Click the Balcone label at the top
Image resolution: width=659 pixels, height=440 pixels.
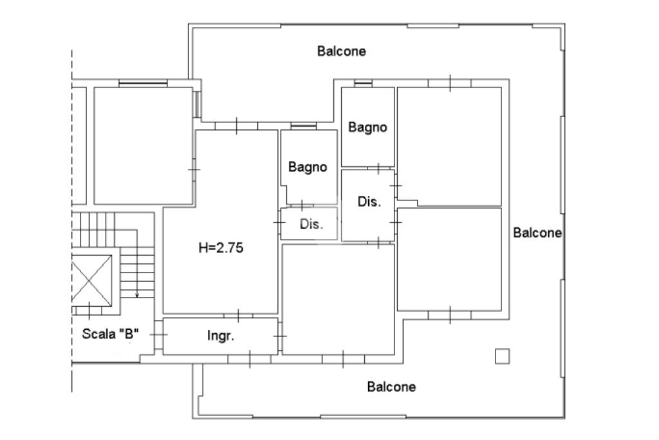[x=341, y=52]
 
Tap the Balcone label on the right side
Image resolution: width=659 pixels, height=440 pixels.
[x=537, y=233]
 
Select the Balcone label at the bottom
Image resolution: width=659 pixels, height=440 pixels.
[x=391, y=387]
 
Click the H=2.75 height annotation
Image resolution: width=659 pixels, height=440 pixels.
[x=221, y=248]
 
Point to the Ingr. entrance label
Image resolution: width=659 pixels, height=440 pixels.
[x=221, y=336]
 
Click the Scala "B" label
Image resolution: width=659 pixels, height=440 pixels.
[x=110, y=334]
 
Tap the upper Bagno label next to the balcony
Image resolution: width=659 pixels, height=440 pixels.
[x=367, y=128]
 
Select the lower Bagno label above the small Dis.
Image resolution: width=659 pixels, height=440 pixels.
[x=308, y=167]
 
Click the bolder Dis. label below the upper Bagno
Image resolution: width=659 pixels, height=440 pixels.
[x=369, y=202]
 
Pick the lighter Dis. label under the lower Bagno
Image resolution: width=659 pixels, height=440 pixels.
[x=311, y=224]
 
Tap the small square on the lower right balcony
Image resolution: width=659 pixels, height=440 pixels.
[x=502, y=356]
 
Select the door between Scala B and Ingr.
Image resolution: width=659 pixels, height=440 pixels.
[x=158, y=335]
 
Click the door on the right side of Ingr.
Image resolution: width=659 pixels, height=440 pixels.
[x=280, y=336]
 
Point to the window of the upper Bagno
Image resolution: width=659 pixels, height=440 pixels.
[x=363, y=83]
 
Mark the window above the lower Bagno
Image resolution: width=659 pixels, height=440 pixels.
[x=304, y=126]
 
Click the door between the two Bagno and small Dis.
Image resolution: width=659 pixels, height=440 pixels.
[x=302, y=206]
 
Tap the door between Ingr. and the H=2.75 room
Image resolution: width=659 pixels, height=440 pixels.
[x=238, y=316]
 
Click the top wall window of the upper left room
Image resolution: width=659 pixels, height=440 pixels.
[x=143, y=83]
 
